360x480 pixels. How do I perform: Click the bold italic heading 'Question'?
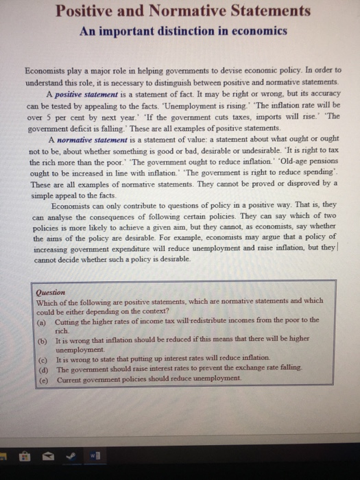pyautogui.click(x=51, y=291)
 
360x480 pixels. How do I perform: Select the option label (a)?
pyautogui.click(x=41, y=320)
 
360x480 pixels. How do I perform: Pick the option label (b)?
pyautogui.click(x=41, y=339)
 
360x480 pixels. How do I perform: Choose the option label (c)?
pyautogui.click(x=41, y=359)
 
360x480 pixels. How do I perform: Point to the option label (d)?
pyautogui.click(x=41, y=368)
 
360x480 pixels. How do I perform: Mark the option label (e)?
pyautogui.click(x=41, y=378)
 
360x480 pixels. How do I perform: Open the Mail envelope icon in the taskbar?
pyautogui.click(x=48, y=455)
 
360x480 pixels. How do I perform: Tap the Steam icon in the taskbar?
pyautogui.click(x=69, y=455)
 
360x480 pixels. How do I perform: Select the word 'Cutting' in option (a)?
pyautogui.click(x=67, y=320)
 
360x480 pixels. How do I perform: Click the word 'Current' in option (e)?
pyautogui.click(x=71, y=378)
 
